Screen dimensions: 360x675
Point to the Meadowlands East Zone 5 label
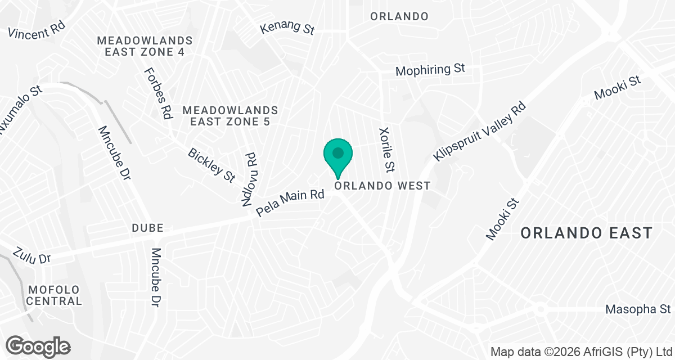tap(230, 115)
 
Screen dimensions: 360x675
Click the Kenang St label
tap(287, 29)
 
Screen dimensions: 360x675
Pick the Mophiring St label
tap(430, 70)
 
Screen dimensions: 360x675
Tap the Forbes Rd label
tap(158, 93)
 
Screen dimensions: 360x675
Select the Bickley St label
tap(211, 165)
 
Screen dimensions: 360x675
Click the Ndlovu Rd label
tap(249, 179)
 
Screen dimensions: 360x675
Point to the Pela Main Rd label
tap(290, 203)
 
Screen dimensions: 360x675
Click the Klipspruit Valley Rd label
tap(480, 131)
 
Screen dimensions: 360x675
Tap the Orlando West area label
tap(382, 186)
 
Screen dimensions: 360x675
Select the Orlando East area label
tap(586, 232)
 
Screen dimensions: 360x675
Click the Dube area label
tap(147, 228)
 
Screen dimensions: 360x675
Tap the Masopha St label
tap(638, 309)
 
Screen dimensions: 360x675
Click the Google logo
tap(38, 345)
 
